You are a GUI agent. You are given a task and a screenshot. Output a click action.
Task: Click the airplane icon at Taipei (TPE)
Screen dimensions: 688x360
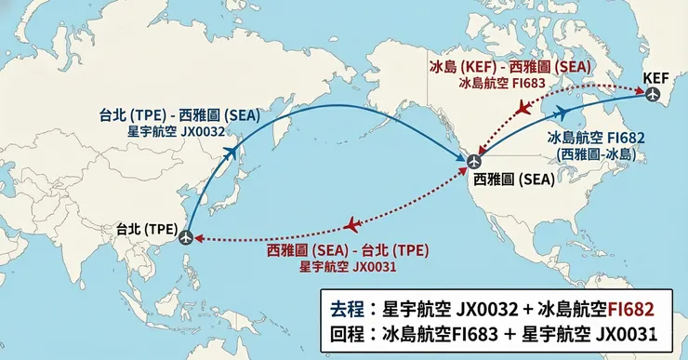(x=188, y=237)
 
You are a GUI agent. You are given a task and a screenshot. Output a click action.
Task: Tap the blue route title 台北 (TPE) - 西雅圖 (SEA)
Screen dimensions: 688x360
(x=180, y=116)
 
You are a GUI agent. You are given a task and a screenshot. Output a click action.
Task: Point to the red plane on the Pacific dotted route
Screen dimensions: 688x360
(x=352, y=225)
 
